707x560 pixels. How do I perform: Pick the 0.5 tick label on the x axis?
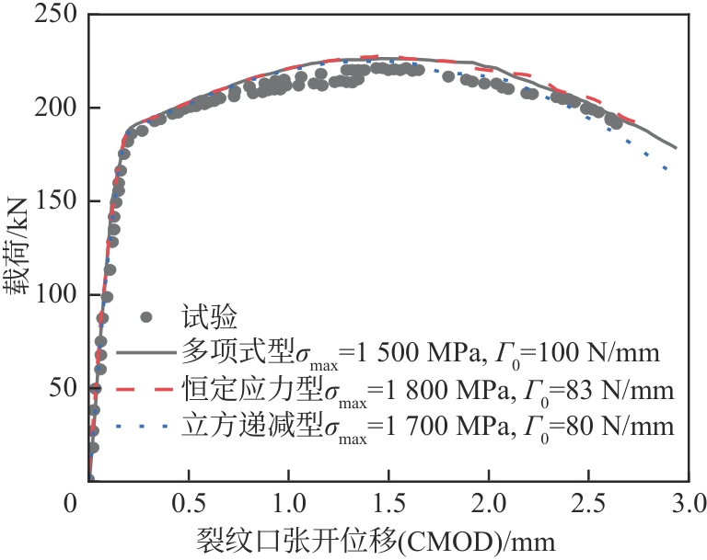[188, 504]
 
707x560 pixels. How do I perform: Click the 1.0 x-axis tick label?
[288, 504]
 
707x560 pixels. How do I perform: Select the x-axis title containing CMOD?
[375, 539]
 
